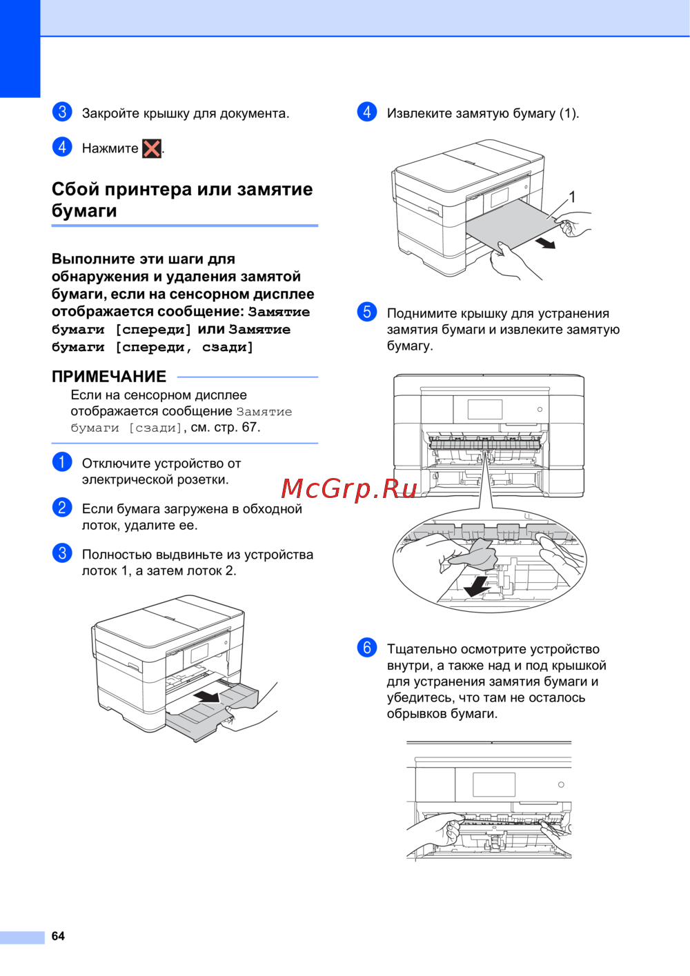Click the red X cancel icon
coord(152,148)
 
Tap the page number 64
coord(58,936)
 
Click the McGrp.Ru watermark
coord(349,488)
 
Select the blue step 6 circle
coord(367,648)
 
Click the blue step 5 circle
coord(367,312)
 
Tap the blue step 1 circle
coord(62,462)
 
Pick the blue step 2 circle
coord(62,508)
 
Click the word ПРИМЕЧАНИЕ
coord(109,377)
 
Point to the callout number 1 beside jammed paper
coord(572,197)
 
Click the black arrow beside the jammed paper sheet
coord(545,242)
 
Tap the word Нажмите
coord(110,148)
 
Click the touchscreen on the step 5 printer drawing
coord(484,410)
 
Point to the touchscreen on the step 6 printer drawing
coord(494,785)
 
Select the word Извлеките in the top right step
coord(419,114)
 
